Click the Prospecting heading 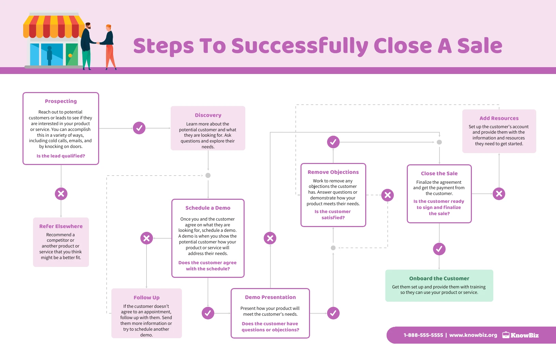click(61, 101)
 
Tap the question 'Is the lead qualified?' click(61, 156)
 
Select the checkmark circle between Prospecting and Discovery click(139, 128)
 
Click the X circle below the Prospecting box click(61, 194)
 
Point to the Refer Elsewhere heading click(61, 226)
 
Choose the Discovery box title click(208, 115)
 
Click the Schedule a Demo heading click(208, 208)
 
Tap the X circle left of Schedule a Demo click(146, 238)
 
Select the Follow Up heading click(146, 298)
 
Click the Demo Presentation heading click(270, 297)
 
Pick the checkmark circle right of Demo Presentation click(333, 313)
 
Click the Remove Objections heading click(333, 172)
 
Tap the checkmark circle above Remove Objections click(333, 142)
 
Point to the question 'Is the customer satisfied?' click(333, 214)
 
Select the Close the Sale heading click(439, 174)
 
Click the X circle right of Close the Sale click(499, 194)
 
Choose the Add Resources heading click(499, 118)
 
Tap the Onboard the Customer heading click(439, 279)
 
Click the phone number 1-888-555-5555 click(423, 335)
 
